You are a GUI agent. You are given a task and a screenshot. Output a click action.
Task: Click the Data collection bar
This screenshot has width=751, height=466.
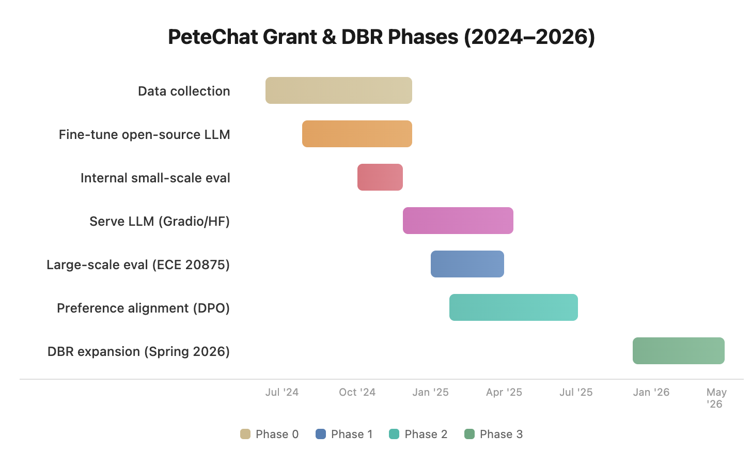[338, 90]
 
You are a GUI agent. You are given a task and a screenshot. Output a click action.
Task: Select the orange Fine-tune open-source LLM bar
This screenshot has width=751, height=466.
[357, 134]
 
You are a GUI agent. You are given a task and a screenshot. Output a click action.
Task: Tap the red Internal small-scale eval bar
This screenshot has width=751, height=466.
[380, 177]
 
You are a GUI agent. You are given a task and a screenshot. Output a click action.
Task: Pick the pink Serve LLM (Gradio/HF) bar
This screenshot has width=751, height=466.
[458, 221]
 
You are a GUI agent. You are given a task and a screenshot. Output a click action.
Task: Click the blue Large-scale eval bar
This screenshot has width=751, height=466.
[467, 264]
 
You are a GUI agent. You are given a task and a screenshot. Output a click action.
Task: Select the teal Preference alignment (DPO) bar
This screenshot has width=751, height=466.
[513, 307]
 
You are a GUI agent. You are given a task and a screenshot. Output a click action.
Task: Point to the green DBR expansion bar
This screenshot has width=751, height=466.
[678, 351]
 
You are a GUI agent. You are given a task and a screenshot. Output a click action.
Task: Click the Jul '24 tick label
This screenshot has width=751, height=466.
[281, 392]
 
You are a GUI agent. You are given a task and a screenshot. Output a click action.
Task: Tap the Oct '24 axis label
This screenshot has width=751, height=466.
[357, 392]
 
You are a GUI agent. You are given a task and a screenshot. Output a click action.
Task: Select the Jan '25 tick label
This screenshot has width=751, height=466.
[430, 392]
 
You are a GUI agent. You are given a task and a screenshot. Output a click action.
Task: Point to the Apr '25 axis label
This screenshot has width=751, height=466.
[504, 392]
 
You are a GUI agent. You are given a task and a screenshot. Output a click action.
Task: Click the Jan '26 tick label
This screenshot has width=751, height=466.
[651, 392]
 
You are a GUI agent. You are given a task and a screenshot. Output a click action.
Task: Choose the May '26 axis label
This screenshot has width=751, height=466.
[716, 398]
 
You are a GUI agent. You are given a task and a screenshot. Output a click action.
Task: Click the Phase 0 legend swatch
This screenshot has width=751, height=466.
[245, 434]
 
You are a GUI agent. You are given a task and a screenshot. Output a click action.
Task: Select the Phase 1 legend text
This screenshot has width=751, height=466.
[351, 434]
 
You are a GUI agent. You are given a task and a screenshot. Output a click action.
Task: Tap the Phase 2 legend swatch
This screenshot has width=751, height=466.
[394, 434]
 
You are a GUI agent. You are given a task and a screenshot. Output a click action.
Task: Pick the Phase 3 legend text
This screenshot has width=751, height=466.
[501, 434]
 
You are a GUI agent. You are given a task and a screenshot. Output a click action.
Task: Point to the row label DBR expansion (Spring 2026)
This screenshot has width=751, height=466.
[138, 351]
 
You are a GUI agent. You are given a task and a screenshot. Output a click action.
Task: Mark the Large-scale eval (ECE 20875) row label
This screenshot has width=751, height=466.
[138, 265]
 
